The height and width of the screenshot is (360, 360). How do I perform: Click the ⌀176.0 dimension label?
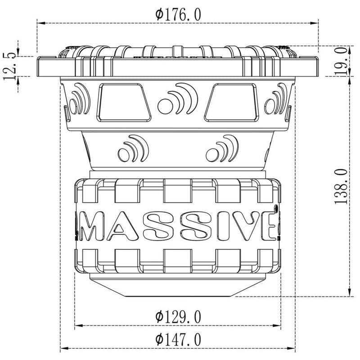(x=178, y=14)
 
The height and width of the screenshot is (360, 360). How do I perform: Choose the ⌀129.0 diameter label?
(x=178, y=317)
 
